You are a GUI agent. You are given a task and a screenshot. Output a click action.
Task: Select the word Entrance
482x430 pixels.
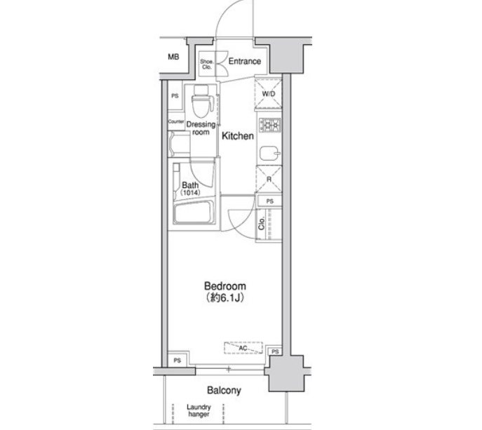(x=244, y=62)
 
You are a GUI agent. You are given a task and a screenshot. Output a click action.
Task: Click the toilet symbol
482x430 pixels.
(x=201, y=102)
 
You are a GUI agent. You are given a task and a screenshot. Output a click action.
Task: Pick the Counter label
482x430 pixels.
(x=176, y=122)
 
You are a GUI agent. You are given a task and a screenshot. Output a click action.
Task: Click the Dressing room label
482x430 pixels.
(x=201, y=128)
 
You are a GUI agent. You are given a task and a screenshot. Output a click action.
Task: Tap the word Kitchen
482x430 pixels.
(x=237, y=136)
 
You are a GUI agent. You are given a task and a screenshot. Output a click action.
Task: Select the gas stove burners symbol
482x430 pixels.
(x=269, y=127)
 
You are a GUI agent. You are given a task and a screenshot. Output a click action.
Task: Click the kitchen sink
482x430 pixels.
(x=268, y=153)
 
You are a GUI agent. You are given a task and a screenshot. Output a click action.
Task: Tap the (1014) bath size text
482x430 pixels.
(x=191, y=193)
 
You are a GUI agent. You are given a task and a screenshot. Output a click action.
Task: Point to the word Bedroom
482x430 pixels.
(x=225, y=286)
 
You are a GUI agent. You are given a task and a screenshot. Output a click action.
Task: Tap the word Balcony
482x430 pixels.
(x=225, y=390)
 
